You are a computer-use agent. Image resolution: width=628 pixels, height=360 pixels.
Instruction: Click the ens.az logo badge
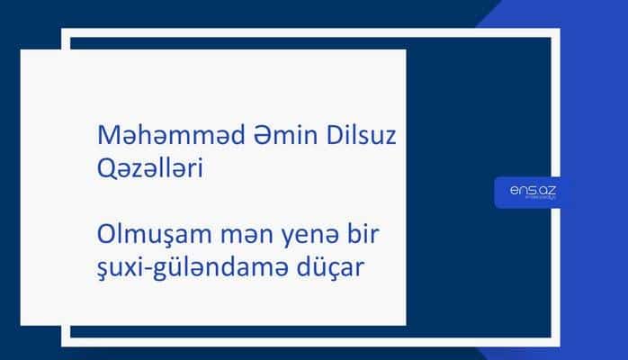coord(529,192)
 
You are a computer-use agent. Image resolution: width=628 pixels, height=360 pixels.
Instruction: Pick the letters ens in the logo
coord(520,189)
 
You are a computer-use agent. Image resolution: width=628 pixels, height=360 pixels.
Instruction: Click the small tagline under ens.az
coord(530,199)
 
